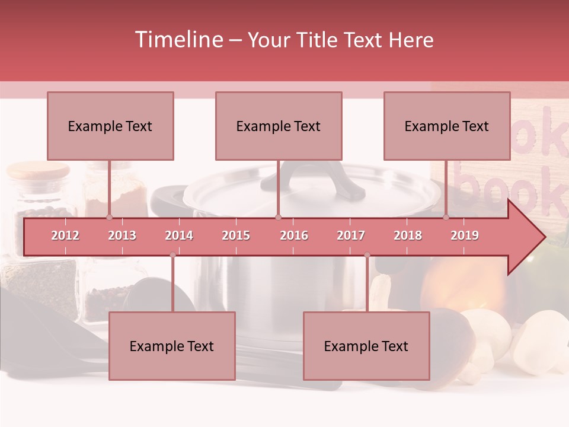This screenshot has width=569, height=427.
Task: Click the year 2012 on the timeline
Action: click(x=65, y=235)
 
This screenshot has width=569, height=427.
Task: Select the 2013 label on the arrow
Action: click(x=122, y=235)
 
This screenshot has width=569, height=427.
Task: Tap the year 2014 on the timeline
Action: click(x=179, y=235)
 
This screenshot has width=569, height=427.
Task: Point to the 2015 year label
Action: click(x=236, y=235)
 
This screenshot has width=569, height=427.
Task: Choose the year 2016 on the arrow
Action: click(x=294, y=235)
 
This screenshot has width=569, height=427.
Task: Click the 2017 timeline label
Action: click(x=351, y=235)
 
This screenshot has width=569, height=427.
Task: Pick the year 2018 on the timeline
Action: click(x=408, y=235)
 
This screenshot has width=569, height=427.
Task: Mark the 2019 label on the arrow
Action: click(x=465, y=235)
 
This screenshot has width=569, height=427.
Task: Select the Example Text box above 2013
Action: click(x=110, y=126)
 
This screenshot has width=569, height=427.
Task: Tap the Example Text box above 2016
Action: click(x=279, y=126)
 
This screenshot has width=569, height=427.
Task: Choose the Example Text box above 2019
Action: click(x=447, y=126)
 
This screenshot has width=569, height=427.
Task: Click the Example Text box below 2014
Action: click(x=172, y=346)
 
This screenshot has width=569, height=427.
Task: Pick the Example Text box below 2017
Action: click(x=366, y=346)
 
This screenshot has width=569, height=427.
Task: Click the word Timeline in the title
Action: click(x=178, y=40)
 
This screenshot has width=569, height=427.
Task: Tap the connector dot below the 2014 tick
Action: click(x=172, y=255)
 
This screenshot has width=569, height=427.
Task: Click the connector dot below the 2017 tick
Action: click(x=367, y=255)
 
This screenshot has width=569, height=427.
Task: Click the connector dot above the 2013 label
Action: click(x=109, y=217)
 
